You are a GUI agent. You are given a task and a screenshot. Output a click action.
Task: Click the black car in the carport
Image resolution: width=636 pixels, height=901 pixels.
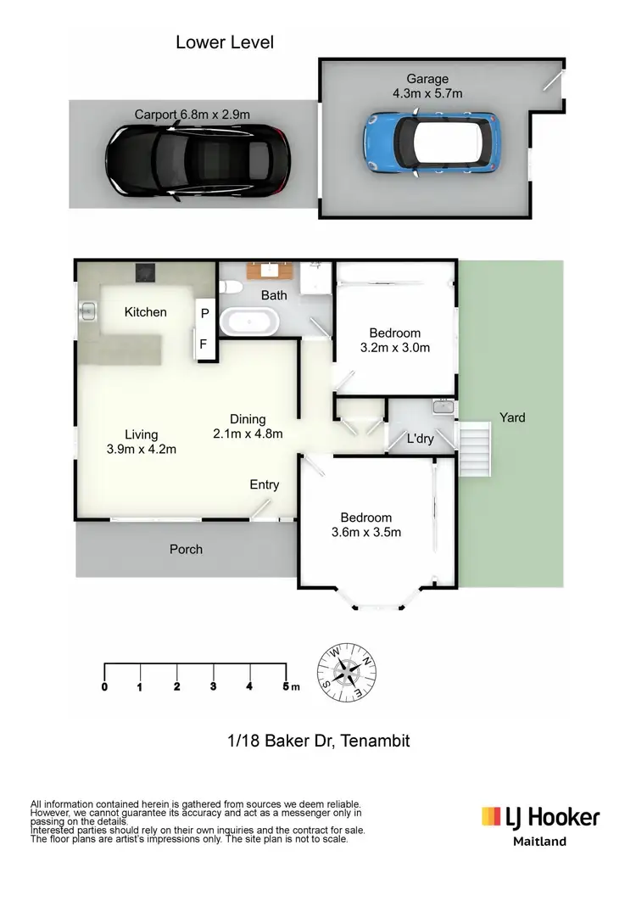click(194, 161)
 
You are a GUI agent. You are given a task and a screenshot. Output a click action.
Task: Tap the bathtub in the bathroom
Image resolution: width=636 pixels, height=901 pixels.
click(248, 322)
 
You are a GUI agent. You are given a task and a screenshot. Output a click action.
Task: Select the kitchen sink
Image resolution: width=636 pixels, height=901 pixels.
click(87, 311)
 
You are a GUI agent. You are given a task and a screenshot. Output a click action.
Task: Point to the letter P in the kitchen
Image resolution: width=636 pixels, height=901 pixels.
click(204, 313)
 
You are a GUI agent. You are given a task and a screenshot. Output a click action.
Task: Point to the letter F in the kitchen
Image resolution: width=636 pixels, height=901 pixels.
click(204, 344)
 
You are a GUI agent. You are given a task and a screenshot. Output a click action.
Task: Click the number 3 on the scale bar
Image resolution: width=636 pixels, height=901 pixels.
click(213, 686)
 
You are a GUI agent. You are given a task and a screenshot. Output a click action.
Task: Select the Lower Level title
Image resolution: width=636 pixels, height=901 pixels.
click(225, 42)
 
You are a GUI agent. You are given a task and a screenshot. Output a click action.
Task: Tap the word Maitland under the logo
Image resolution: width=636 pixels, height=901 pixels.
click(540, 842)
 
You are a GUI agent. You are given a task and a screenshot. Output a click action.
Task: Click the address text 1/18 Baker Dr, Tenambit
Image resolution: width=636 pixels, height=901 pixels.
click(319, 741)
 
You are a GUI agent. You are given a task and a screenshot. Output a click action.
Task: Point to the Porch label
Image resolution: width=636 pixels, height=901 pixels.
click(186, 549)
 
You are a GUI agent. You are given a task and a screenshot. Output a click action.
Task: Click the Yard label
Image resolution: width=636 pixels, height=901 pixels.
click(512, 417)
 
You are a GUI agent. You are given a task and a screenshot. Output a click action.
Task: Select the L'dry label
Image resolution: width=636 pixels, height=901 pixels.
click(420, 439)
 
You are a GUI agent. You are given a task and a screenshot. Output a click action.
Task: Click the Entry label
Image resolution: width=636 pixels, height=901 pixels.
click(264, 484)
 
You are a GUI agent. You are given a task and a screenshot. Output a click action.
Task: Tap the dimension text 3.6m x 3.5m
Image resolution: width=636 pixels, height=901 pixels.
click(366, 532)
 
